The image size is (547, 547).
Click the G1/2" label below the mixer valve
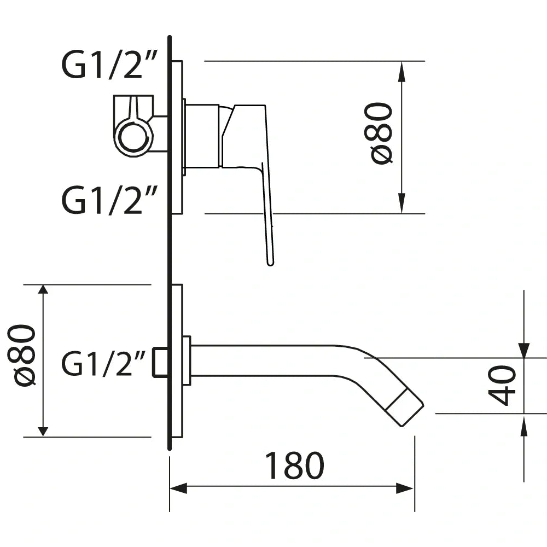click(x=110, y=201)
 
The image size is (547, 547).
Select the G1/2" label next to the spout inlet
click(x=104, y=364)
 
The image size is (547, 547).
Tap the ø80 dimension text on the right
click(x=382, y=133)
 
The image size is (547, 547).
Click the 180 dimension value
click(x=294, y=466)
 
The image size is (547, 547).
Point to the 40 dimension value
click(x=502, y=386)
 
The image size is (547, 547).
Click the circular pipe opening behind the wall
click(x=133, y=137)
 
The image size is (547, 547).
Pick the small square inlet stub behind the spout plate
click(x=160, y=362)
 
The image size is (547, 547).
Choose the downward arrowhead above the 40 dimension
click(x=523, y=350)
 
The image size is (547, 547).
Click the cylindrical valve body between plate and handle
click(x=202, y=136)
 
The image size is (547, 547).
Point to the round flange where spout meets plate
click(x=187, y=360)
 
